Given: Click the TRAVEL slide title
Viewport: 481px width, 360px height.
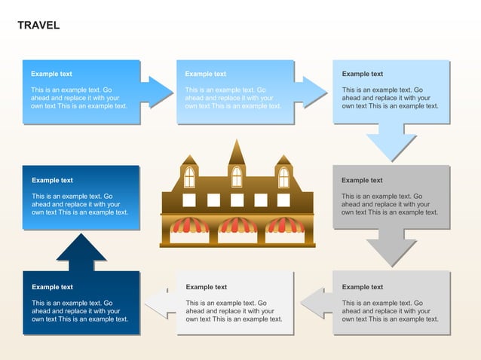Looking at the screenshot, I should (38, 26).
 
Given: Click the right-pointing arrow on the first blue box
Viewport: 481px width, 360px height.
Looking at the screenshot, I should (157, 92).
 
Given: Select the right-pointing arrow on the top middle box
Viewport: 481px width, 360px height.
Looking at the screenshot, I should (311, 92).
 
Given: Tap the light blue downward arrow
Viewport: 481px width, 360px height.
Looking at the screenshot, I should (391, 142).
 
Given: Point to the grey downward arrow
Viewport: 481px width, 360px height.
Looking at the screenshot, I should (391, 248).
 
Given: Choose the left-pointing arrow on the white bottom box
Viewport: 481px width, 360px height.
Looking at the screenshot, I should (161, 303).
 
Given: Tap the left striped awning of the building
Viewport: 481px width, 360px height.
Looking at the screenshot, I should (189, 225).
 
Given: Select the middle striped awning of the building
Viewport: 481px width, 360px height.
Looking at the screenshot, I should (237, 225).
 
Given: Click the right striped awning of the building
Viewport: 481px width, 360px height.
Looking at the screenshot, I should (286, 225).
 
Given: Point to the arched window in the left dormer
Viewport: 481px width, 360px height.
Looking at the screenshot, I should (189, 177).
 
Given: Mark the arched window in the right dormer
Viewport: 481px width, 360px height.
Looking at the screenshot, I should (283, 177).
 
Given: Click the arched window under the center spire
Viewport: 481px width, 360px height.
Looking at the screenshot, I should (237, 177).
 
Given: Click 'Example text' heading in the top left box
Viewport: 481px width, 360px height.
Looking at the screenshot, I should (51, 74).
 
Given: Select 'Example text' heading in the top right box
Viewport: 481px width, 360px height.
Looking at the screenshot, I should (362, 74).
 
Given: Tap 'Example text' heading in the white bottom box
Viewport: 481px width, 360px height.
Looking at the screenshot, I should (206, 287).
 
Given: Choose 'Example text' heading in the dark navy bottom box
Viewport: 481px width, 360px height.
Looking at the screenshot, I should (52, 287).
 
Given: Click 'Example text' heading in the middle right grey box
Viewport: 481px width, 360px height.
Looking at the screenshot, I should (362, 180).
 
